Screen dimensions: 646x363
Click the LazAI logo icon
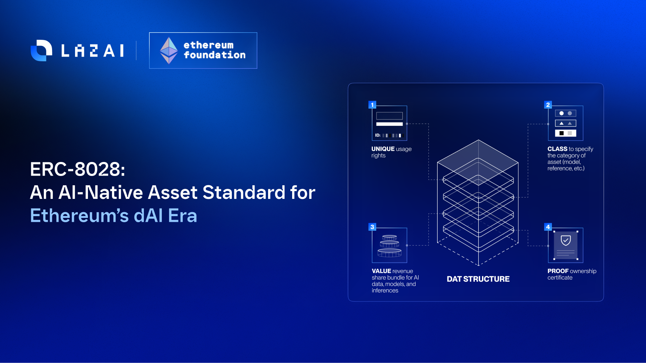(41, 51)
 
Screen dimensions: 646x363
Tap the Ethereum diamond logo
(169, 51)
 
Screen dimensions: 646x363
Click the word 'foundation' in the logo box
(215, 55)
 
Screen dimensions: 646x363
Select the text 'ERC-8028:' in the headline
(78, 169)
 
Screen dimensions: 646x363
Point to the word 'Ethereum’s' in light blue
(79, 216)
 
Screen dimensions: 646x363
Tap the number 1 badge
(372, 105)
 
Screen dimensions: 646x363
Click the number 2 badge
(548, 105)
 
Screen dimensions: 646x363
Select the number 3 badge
(372, 227)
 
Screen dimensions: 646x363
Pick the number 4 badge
(548, 227)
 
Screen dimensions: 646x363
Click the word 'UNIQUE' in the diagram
(383, 149)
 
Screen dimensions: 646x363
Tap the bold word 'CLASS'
(557, 149)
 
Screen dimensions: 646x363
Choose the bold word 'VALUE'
(381, 271)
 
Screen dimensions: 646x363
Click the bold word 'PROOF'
(558, 271)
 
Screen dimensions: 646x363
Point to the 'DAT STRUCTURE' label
(478, 279)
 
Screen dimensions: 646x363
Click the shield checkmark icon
(566, 240)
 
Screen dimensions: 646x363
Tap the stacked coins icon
(389, 246)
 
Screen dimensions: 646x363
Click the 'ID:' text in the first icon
(378, 135)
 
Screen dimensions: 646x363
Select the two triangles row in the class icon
(566, 123)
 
